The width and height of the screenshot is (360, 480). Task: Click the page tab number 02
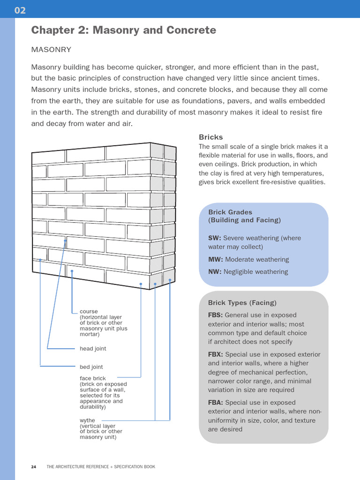click(20, 10)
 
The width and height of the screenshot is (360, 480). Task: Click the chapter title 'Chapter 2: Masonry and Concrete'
click(123, 30)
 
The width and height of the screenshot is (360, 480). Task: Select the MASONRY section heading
click(51, 49)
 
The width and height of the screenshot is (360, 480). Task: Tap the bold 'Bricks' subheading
click(210, 137)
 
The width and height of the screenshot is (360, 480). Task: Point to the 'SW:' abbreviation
click(214, 238)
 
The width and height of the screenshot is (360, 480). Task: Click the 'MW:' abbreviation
click(215, 260)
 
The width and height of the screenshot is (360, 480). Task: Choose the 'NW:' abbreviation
click(215, 272)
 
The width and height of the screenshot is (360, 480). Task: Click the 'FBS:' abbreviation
click(216, 315)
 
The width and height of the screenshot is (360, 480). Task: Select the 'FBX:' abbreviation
click(216, 354)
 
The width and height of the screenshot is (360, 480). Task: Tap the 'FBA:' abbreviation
click(216, 403)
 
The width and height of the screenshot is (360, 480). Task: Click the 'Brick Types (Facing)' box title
click(242, 303)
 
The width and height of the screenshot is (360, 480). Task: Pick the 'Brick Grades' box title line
click(230, 212)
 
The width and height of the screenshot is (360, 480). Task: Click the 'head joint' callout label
click(93, 349)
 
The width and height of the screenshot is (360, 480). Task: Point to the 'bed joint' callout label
click(91, 367)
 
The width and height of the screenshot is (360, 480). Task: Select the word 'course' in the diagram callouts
click(89, 312)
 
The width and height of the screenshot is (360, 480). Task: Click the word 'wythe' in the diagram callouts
click(87, 420)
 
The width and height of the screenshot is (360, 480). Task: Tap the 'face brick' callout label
click(93, 378)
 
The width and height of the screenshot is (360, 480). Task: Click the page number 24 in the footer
click(34, 467)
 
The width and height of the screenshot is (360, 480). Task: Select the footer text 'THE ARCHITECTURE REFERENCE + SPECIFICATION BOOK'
click(101, 467)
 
